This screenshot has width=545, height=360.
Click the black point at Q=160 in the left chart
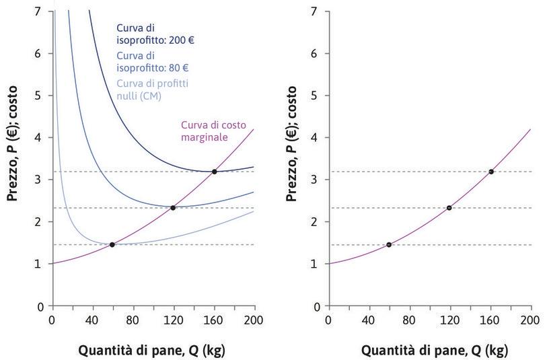[x=215, y=172]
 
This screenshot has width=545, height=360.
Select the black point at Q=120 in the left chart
[x=173, y=207]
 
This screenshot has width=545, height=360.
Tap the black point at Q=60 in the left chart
[x=112, y=244]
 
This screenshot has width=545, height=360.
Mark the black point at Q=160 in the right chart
[x=491, y=172]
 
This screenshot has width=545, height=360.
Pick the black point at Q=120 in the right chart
[x=449, y=207]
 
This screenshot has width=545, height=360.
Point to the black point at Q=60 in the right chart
[x=389, y=244]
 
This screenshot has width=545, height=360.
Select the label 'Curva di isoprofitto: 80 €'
[x=152, y=62]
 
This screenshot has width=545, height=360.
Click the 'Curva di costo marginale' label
[x=209, y=131]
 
